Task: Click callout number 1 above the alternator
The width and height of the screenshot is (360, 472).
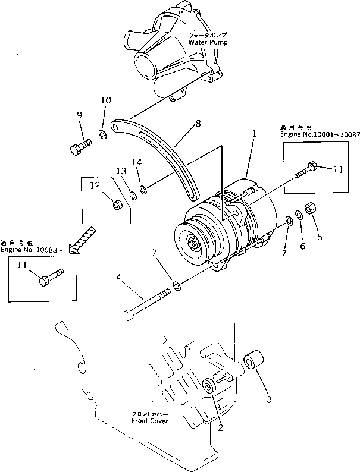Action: coord(254,135)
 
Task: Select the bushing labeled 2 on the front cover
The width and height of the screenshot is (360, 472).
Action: coord(209,386)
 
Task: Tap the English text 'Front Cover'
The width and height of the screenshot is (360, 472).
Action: coord(149,421)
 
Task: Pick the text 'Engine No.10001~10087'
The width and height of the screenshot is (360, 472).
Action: coord(320,135)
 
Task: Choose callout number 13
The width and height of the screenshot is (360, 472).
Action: coord(121,171)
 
